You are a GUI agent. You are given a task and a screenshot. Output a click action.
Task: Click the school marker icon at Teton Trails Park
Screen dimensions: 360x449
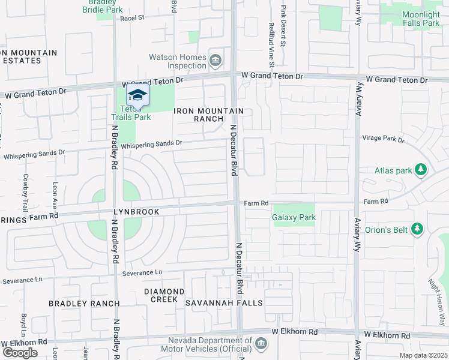pos(137,95)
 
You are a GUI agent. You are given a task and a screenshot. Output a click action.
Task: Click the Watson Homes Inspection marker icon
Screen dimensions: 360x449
pos(215,61)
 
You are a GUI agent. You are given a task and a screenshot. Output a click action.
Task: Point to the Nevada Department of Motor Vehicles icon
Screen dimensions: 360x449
pos(261,344)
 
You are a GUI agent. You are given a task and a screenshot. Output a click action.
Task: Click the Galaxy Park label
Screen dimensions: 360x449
pos(294,217)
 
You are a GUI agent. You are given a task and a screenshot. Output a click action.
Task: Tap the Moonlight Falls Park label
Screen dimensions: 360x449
pos(412,19)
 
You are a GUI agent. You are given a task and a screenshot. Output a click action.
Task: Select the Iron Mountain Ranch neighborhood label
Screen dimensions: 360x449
pos(209,115)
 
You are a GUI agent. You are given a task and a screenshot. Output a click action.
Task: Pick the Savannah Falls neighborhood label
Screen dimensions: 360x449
pos(224,303)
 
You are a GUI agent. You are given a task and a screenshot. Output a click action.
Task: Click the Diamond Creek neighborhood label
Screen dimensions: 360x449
pos(160,295)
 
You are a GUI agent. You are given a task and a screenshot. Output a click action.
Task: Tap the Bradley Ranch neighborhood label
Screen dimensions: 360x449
pos(84,304)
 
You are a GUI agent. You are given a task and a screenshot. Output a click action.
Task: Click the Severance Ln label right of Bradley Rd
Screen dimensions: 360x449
pos(142,272)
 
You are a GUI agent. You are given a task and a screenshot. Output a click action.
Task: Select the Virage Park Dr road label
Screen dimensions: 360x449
pos(384,139)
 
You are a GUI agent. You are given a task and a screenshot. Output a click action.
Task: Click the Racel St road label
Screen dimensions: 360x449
pos(133,18)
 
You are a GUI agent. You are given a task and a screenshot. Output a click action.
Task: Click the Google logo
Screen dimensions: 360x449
pos(20,353)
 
